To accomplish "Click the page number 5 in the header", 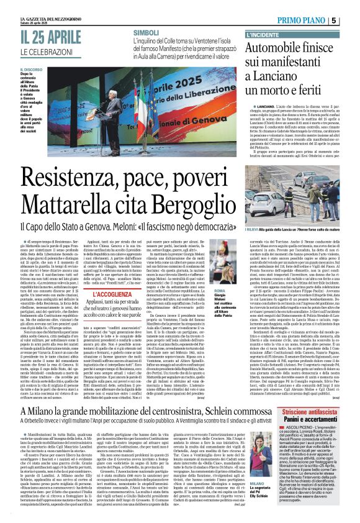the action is point(351,20).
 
